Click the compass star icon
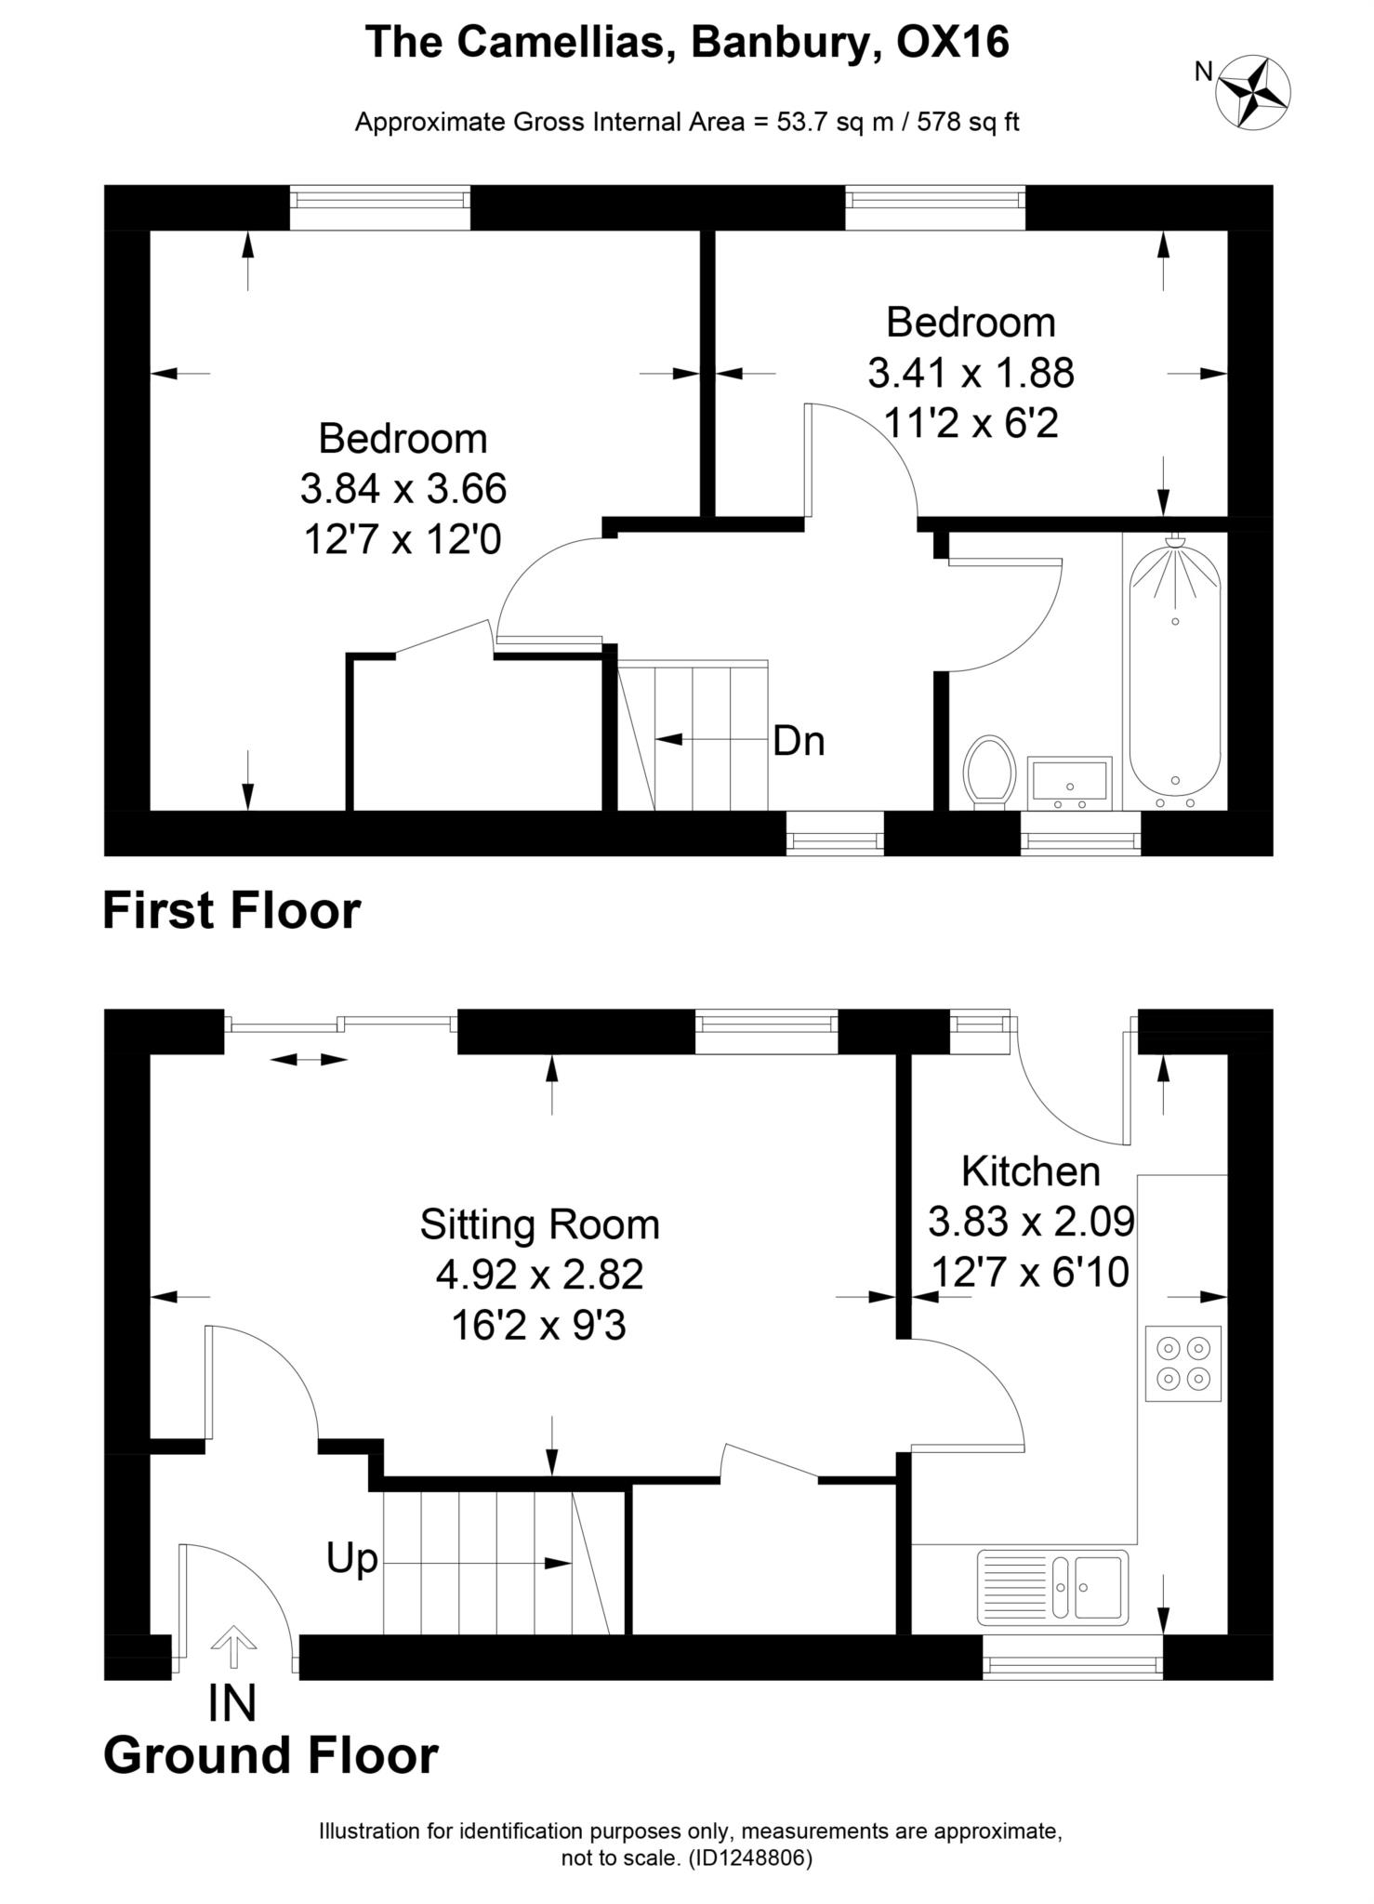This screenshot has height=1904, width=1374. pyautogui.click(x=1254, y=91)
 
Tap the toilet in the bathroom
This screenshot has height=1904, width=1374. pyautogui.click(x=990, y=771)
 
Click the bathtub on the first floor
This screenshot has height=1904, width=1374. pyautogui.click(x=1175, y=670)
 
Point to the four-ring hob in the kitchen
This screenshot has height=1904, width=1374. pyautogui.click(x=1182, y=1363)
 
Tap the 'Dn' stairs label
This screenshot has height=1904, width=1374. pyautogui.click(x=799, y=741)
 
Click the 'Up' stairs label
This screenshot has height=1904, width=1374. pyautogui.click(x=351, y=1557)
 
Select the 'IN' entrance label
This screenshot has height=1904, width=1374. pyautogui.click(x=231, y=1702)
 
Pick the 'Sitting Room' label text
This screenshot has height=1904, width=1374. pyautogui.click(x=539, y=1224)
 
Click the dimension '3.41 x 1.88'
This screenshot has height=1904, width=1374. pyautogui.click(x=971, y=374)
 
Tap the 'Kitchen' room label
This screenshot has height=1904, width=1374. pyautogui.click(x=1030, y=1171)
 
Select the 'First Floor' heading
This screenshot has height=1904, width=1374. pyautogui.click(x=231, y=910)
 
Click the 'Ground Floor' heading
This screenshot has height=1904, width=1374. pyautogui.click(x=271, y=1756)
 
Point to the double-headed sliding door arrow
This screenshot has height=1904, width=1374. pyautogui.click(x=310, y=1060)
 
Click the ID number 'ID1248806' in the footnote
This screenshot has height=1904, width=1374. pyautogui.click(x=750, y=1858)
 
